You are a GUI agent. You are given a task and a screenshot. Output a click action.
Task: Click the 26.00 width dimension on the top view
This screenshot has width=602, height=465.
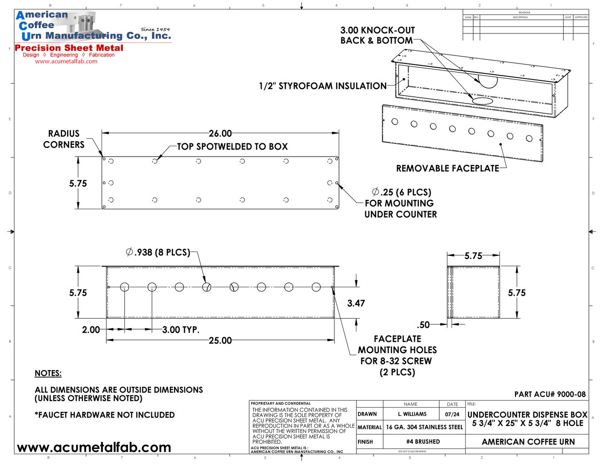point(220,134)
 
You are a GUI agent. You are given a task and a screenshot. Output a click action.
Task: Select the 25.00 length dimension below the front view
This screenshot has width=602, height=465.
point(220,340)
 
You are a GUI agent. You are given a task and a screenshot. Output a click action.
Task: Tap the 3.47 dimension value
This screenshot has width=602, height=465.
point(356,303)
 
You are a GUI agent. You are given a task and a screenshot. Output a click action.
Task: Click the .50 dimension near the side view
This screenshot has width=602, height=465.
point(423,325)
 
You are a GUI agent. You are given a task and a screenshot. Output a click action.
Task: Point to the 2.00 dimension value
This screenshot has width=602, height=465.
point(91,330)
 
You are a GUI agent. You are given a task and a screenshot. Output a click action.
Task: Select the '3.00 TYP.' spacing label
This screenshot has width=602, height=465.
point(181,330)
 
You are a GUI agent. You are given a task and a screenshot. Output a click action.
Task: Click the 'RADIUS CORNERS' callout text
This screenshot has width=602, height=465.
point(64,139)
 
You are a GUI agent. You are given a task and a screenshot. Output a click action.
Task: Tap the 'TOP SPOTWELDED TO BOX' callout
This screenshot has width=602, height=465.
point(232,147)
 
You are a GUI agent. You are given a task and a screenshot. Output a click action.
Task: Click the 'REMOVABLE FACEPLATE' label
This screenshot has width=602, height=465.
point(447,168)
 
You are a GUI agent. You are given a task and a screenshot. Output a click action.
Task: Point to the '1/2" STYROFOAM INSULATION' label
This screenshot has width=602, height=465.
point(323,86)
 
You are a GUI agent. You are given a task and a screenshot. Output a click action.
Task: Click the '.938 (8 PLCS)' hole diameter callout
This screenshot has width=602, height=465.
point(158,252)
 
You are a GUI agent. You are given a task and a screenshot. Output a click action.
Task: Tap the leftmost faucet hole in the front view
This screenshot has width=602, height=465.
point(125,287)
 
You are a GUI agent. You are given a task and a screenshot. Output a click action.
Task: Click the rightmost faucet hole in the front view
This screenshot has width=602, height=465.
point(316,287)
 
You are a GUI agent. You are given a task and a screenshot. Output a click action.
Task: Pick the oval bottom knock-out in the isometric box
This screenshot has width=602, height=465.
point(483,101)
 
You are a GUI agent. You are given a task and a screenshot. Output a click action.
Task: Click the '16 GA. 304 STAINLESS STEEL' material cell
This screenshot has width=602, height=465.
point(424,427)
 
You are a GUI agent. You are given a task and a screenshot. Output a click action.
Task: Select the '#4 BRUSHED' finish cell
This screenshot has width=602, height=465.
point(423,442)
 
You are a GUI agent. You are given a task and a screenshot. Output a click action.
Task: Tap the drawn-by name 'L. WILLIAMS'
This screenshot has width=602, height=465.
point(412,414)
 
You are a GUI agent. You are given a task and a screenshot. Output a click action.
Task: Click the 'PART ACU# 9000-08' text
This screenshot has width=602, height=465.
point(550,394)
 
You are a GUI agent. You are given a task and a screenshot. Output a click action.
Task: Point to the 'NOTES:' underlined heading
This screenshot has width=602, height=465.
point(48,373)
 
